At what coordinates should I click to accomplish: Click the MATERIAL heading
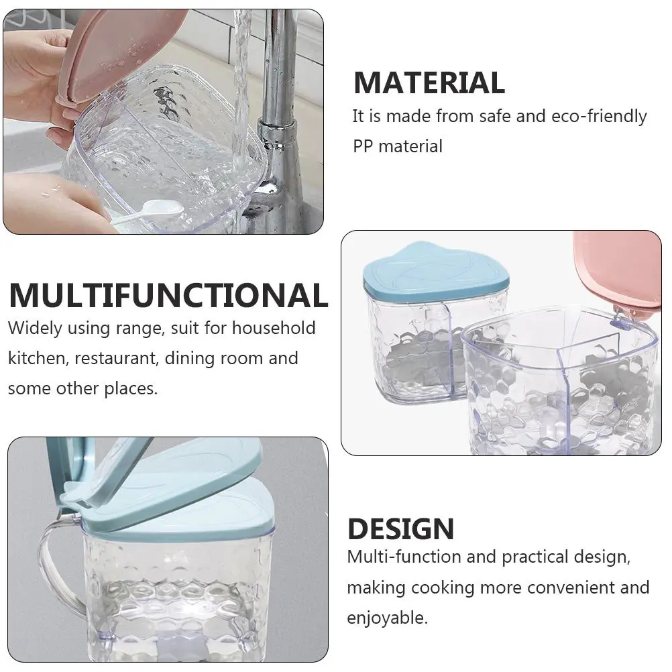(x=429, y=82)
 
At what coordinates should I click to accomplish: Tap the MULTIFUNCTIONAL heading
(x=168, y=295)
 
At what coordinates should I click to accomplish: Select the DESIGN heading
(x=400, y=529)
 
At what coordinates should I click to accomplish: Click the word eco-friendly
(x=599, y=116)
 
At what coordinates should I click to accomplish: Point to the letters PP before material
(x=363, y=147)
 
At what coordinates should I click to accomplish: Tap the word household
(x=274, y=328)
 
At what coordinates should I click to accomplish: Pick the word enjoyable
(x=388, y=618)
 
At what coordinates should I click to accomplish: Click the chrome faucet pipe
(x=278, y=120)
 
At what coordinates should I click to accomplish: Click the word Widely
(x=35, y=328)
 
